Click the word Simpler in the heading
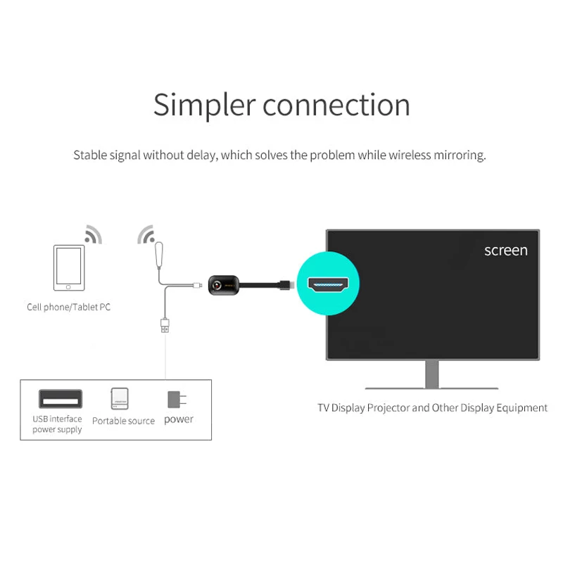click(x=204, y=106)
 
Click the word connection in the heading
click(x=336, y=106)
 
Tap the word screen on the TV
click(x=505, y=251)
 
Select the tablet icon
click(x=69, y=267)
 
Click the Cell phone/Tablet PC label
click(x=68, y=307)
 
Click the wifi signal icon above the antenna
click(x=145, y=234)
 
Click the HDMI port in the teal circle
click(x=327, y=284)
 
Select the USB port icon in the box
click(x=60, y=399)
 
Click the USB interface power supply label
click(x=57, y=424)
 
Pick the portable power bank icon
click(x=120, y=399)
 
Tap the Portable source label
click(x=123, y=421)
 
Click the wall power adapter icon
click(x=176, y=399)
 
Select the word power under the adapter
click(x=179, y=419)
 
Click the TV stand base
click(x=431, y=387)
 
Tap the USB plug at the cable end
click(x=165, y=324)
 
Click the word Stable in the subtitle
click(x=89, y=155)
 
